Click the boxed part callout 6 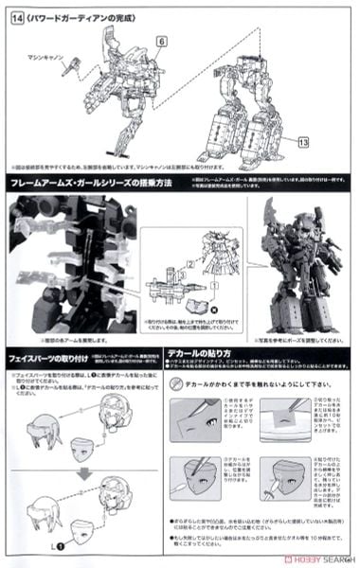point(161,43)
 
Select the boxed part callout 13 point(302,142)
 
